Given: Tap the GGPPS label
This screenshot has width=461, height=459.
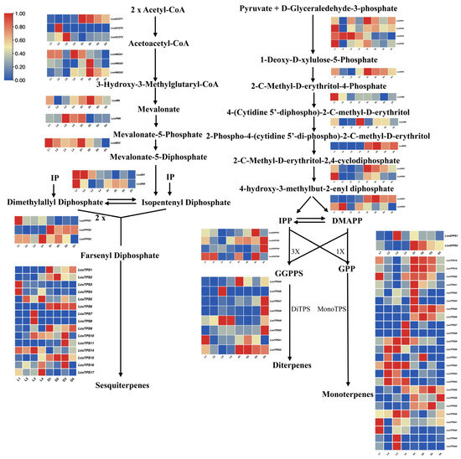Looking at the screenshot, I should (x=286, y=272).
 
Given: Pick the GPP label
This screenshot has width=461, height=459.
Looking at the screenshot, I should (x=345, y=272).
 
